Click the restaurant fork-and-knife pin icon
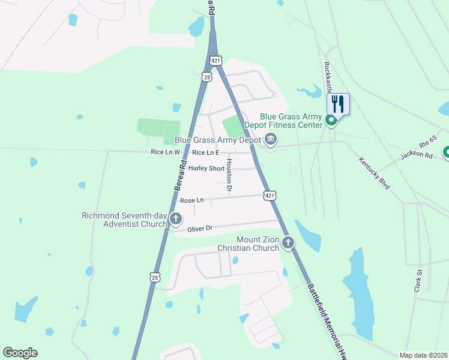338,104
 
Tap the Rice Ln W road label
149,152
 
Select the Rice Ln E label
205,152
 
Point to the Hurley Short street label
206,169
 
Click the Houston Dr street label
229,176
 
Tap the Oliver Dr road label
200,228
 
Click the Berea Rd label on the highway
179,175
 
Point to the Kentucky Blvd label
375,173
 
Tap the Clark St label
418,281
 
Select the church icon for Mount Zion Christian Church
289,243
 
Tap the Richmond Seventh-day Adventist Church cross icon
175,219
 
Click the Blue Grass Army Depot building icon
270,140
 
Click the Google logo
20,353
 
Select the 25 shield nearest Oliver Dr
155,277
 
